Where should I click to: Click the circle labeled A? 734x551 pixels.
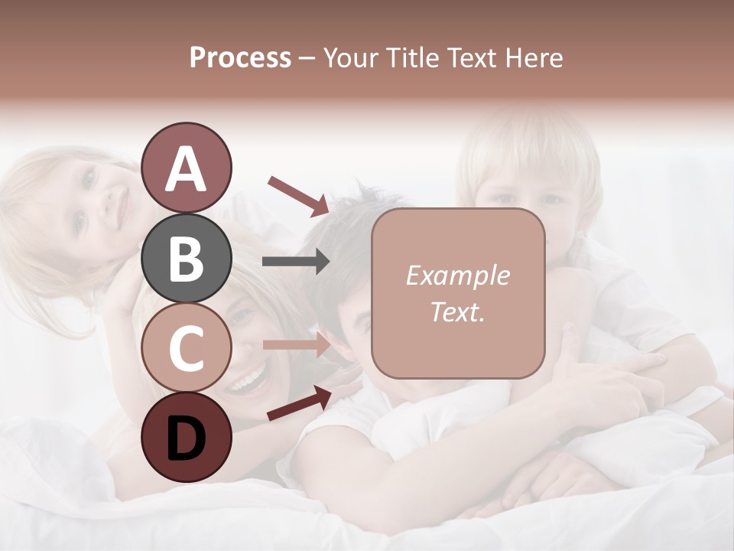click(x=186, y=168)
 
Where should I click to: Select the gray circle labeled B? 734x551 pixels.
click(x=186, y=258)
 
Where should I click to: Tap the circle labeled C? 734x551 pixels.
click(x=186, y=347)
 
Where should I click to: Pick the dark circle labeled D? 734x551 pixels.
click(x=186, y=437)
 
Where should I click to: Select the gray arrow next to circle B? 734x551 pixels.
click(x=295, y=262)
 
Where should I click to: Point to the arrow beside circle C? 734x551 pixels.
click(x=295, y=344)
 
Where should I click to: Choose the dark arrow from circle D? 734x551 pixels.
click(x=299, y=404)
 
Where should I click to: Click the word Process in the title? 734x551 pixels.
click(x=240, y=57)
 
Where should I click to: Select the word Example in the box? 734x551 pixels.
click(x=457, y=275)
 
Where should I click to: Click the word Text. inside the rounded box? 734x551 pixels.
click(x=457, y=312)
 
